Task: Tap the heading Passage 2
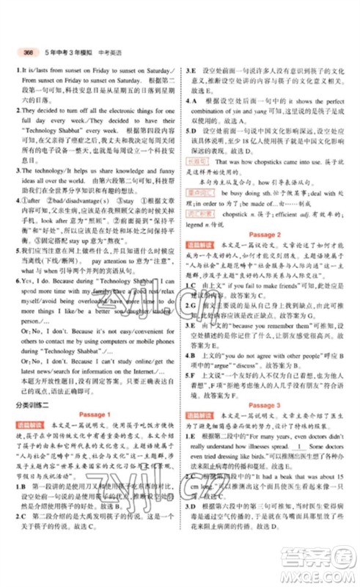click(269, 233)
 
